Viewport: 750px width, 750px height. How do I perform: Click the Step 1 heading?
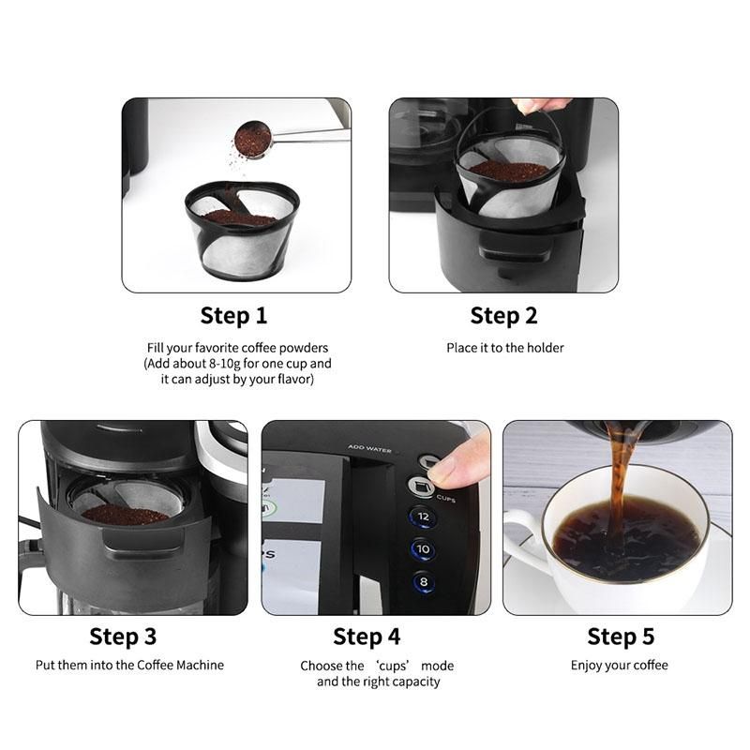(x=233, y=316)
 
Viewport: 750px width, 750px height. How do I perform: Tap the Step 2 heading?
(x=503, y=316)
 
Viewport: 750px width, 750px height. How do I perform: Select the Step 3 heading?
(x=123, y=637)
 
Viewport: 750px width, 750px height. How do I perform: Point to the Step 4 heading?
(x=367, y=637)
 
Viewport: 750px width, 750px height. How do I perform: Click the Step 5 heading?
(x=621, y=637)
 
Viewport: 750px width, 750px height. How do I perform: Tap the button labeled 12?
(x=423, y=517)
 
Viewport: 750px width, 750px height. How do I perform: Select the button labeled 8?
(x=424, y=582)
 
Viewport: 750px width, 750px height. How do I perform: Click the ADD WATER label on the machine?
(x=369, y=449)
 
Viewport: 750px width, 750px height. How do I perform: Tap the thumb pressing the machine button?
(x=456, y=462)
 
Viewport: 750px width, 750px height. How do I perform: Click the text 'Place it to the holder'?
(x=505, y=348)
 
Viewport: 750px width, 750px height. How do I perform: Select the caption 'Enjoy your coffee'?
(x=620, y=666)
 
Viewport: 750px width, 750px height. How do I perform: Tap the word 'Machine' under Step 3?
(x=200, y=665)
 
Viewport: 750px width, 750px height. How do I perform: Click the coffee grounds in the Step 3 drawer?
(x=125, y=515)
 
